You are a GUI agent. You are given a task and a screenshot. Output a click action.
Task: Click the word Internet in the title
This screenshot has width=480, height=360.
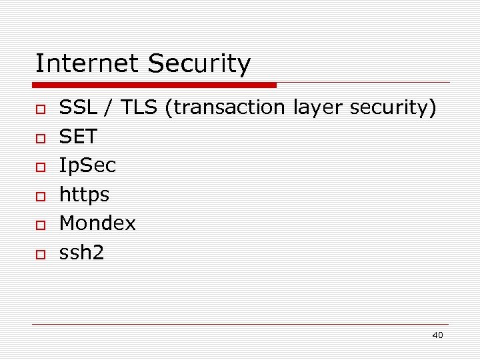[x=87, y=64]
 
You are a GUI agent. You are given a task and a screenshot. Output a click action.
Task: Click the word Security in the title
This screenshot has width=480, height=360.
[x=199, y=65]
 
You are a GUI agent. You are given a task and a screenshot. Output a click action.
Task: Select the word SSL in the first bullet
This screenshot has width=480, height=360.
[x=76, y=108]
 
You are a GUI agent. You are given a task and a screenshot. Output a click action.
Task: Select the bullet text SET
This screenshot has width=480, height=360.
[x=78, y=137]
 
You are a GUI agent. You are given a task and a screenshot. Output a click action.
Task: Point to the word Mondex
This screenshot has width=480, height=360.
[x=97, y=224]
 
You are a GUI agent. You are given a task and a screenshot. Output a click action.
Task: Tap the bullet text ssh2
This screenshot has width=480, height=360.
[x=82, y=253]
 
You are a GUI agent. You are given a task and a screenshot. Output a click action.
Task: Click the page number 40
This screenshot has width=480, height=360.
[x=437, y=335]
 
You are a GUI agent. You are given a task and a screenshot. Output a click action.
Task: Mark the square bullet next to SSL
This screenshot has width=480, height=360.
[x=40, y=109]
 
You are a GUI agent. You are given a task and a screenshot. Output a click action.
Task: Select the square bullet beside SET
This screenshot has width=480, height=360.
[x=40, y=139]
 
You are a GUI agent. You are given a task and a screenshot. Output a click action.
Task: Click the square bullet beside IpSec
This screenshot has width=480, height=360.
[x=40, y=167]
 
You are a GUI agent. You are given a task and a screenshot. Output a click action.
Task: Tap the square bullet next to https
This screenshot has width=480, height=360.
[x=40, y=197]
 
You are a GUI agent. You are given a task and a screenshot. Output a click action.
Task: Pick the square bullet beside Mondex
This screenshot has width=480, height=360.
[x=40, y=225]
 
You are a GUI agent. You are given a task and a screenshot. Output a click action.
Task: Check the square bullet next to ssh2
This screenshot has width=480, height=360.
[x=40, y=255]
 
